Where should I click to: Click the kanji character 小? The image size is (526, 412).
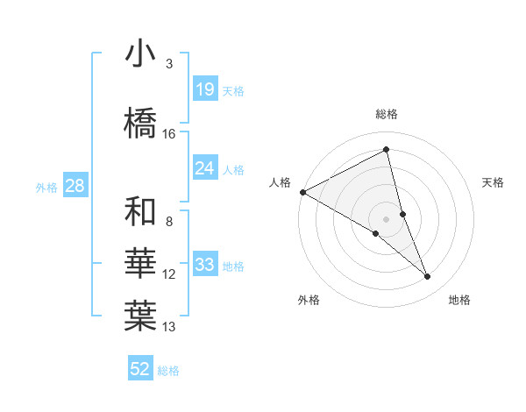tap(140, 54)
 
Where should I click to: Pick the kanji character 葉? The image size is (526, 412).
tap(140, 316)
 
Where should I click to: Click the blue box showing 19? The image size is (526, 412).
tap(205, 89)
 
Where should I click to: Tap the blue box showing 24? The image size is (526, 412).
tap(205, 167)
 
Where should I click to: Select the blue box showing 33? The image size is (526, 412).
tap(205, 265)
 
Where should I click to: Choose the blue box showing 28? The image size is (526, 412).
tap(75, 186)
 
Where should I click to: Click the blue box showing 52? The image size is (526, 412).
tap(140, 369)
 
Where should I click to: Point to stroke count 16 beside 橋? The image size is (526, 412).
tap(169, 134)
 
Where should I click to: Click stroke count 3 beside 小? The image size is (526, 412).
tap(169, 64)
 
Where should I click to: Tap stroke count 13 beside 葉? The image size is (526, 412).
tap(169, 327)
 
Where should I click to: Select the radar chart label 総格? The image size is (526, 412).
tap(387, 114)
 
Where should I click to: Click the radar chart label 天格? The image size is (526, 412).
tap(494, 182)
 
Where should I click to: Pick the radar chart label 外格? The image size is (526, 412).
tap(309, 300)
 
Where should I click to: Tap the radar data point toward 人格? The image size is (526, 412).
tap(302, 192)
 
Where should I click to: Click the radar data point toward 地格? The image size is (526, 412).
tap(428, 277)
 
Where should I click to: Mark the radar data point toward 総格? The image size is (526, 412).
tap(387, 150)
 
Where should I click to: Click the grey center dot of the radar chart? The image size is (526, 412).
tap(387, 218)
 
